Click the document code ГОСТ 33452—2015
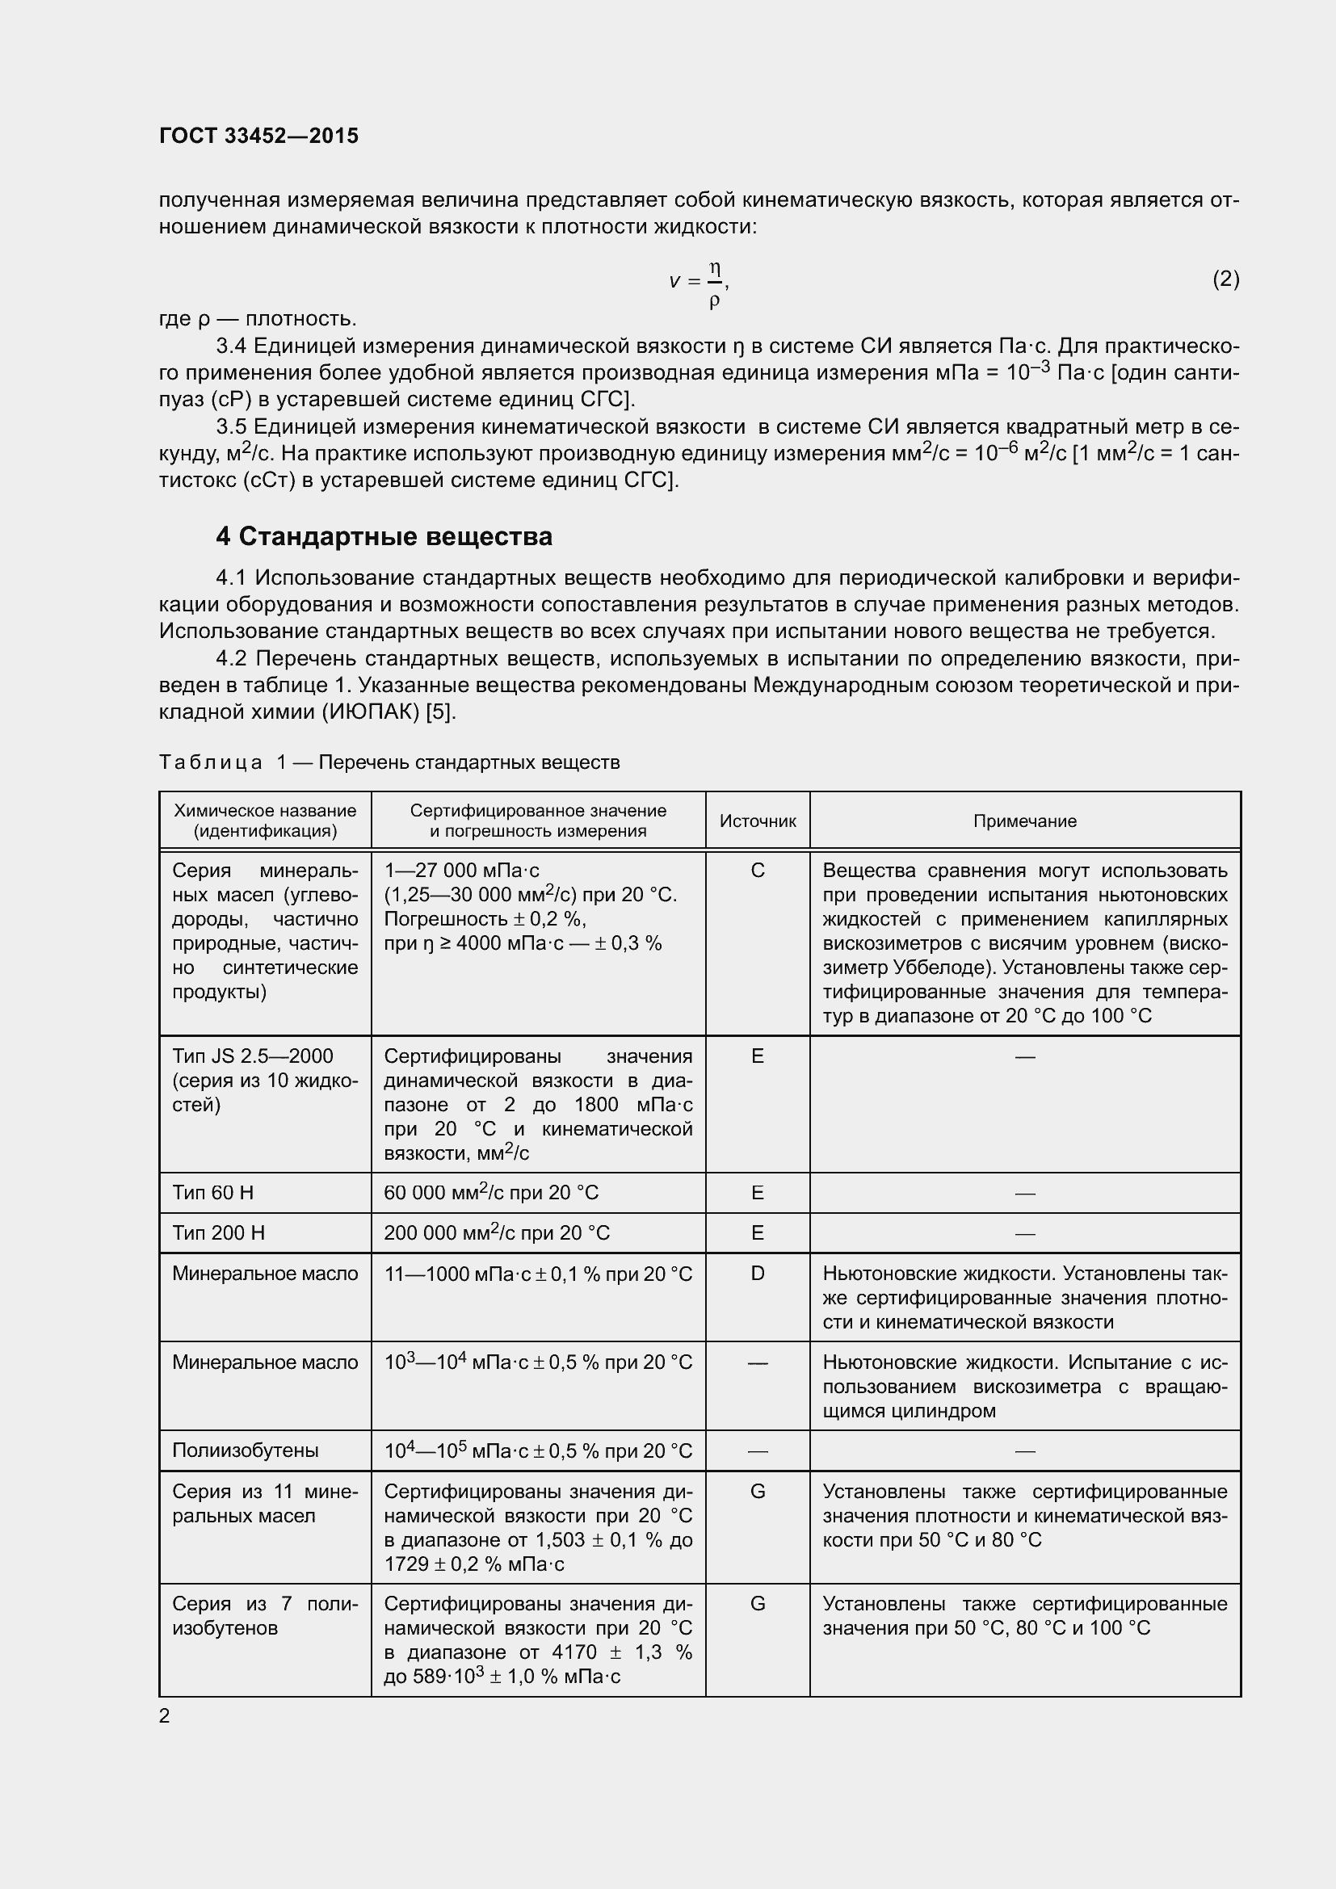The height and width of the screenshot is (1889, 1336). pyautogui.click(x=258, y=136)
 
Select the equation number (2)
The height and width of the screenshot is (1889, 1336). pyautogui.click(x=1225, y=279)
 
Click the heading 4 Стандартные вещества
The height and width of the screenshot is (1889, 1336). pyautogui.click(x=384, y=536)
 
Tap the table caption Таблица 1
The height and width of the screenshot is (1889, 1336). pyautogui.click(x=211, y=762)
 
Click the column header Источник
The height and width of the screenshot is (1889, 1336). pyautogui.click(x=757, y=821)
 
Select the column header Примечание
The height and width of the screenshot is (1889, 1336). pyautogui.click(x=1024, y=821)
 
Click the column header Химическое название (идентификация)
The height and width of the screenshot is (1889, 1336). pyautogui.click(x=265, y=821)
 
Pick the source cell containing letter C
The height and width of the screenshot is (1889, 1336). pyautogui.click(x=757, y=870)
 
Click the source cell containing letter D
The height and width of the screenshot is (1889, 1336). pyautogui.click(x=757, y=1273)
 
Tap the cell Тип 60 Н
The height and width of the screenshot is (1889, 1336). pyautogui.click(x=212, y=1192)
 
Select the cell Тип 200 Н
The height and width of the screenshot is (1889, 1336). pyautogui.click(x=218, y=1232)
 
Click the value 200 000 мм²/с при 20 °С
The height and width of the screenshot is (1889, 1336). pyautogui.click(x=496, y=1232)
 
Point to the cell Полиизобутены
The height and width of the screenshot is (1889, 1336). pyautogui.click(x=246, y=1450)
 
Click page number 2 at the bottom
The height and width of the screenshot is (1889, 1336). pyautogui.click(x=165, y=1715)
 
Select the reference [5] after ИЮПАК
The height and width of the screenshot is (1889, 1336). pyautogui.click(x=440, y=712)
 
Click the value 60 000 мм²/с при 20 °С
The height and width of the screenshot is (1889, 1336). pyautogui.click(x=491, y=1192)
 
